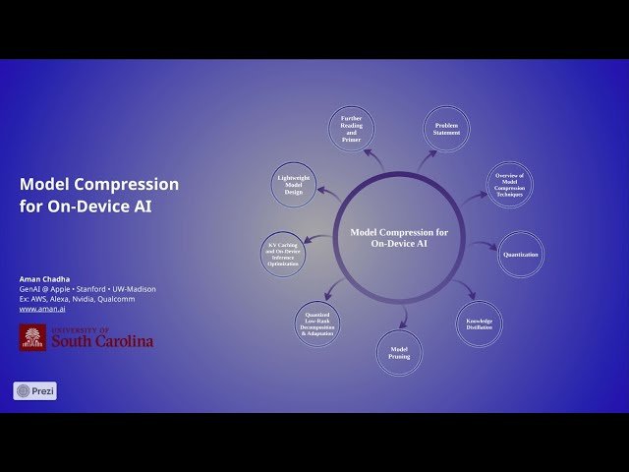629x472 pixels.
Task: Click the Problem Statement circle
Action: pos(446,130)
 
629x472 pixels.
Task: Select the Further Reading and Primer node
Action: pos(351,129)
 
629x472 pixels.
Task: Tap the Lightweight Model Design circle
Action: pos(294,184)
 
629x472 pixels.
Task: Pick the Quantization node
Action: pos(521,255)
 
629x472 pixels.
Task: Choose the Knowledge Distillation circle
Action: pos(479,324)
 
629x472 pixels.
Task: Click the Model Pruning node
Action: pos(399,352)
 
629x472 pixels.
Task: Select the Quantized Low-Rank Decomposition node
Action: pos(317,324)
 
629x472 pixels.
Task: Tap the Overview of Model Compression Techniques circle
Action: pos(509,184)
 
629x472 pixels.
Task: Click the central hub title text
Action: pos(399,237)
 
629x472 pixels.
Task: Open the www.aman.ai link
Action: pos(35,309)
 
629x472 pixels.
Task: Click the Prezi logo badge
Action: pos(34,390)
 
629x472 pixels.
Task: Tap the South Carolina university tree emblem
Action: pos(32,337)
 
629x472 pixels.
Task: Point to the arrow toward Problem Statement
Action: pos(426,160)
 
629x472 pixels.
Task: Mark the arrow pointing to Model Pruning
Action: pos(402,317)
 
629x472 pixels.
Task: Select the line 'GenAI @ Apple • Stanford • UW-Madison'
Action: pos(87,289)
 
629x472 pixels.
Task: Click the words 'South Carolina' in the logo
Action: pos(102,341)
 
